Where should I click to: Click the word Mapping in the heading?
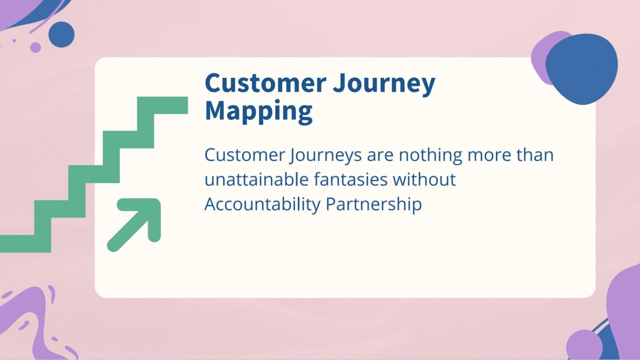pyautogui.click(x=258, y=111)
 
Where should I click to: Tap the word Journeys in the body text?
pyautogui.click(x=325, y=156)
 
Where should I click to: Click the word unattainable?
pyautogui.click(x=256, y=179)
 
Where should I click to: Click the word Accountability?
pyautogui.click(x=262, y=204)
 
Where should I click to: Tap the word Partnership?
pyautogui.click(x=373, y=204)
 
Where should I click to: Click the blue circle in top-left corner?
pyautogui.click(x=61, y=34)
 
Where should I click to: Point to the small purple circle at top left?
pyautogui.click(x=35, y=47)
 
